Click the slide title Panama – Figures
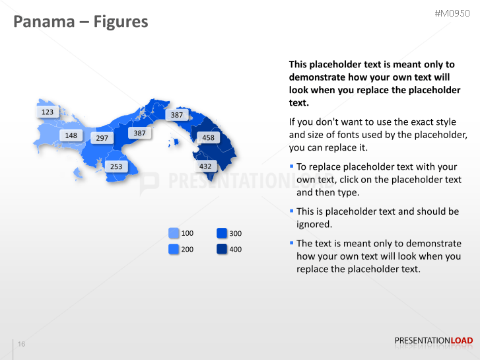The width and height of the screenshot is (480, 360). (81, 22)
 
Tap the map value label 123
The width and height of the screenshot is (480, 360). (48, 112)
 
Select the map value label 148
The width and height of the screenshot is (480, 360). (71, 135)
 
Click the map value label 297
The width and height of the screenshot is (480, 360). (102, 138)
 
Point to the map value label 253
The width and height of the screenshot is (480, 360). (116, 166)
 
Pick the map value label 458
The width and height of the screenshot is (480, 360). (208, 138)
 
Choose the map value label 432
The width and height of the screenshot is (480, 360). (205, 166)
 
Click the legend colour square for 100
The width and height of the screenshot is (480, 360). (174, 233)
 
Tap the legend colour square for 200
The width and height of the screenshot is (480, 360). (174, 249)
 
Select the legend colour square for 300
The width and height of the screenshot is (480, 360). (222, 233)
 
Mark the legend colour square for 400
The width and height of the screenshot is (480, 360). (222, 249)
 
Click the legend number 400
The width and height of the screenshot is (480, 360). (235, 250)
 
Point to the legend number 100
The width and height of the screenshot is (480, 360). (188, 234)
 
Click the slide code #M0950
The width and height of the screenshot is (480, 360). (454, 14)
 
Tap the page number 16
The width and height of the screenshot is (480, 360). (22, 344)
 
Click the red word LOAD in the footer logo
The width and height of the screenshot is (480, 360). (462, 341)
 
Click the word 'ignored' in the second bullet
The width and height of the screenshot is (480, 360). (312, 225)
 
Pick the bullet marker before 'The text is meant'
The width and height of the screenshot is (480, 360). (291, 242)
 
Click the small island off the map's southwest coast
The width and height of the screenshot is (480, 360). (78, 174)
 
